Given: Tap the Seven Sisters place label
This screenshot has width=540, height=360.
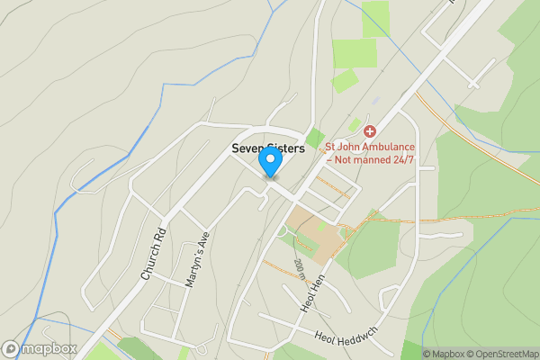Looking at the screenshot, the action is pyautogui.click(x=268, y=148).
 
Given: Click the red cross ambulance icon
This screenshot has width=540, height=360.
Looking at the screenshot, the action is pyautogui.click(x=369, y=131).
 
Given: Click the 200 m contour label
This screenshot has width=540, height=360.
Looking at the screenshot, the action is pyautogui.click(x=300, y=268).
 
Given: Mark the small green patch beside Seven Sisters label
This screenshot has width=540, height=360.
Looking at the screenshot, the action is pyautogui.click(x=314, y=139).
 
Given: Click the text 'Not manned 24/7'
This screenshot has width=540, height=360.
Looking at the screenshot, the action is pyautogui.click(x=375, y=159).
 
